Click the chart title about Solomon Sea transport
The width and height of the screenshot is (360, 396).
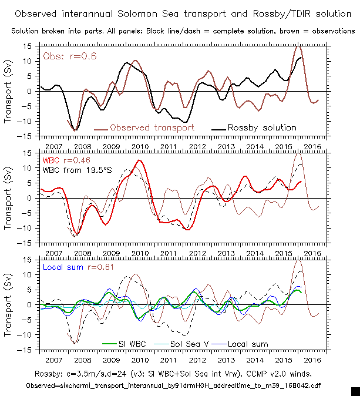[x=180, y=13]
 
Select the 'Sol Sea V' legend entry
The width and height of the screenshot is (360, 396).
[x=184, y=344]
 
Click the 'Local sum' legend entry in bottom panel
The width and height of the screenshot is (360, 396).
[x=247, y=344]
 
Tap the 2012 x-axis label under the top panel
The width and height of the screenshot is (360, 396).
[x=197, y=145]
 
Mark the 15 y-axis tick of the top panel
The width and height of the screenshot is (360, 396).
[x=28, y=46]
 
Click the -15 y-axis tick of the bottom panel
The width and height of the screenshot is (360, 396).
[x=26, y=350]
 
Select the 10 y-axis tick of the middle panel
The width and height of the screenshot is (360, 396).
[x=28, y=168]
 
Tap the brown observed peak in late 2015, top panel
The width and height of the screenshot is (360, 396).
[x=298, y=46]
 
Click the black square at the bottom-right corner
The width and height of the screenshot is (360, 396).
[x=355, y=391]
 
